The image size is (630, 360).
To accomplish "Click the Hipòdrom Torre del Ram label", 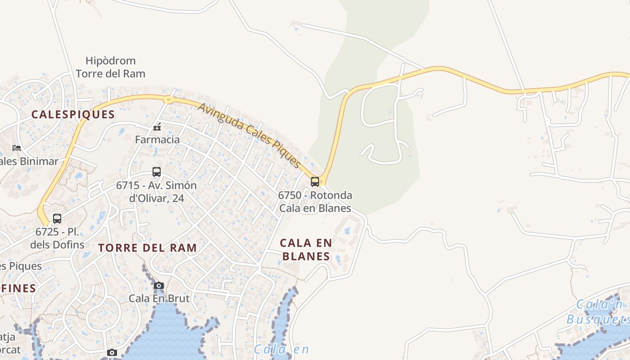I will (110, 67).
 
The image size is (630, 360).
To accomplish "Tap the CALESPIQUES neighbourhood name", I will (73, 115).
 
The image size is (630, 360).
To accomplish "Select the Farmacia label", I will (157, 139).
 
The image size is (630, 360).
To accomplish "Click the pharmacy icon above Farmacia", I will (157, 127).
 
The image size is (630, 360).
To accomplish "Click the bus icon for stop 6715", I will (157, 171).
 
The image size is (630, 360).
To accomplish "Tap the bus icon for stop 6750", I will (315, 182).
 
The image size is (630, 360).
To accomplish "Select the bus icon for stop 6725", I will (57, 219).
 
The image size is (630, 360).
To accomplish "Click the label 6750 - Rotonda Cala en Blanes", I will (315, 202).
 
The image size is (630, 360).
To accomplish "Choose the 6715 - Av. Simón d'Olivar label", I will (156, 192).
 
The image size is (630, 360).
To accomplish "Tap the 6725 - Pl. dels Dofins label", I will (57, 238).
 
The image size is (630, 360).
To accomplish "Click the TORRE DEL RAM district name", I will (148, 248).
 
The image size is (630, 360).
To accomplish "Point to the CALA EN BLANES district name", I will (306, 250).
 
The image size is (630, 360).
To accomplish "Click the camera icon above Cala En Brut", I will (158, 285).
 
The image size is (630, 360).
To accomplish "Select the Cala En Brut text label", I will (159, 298).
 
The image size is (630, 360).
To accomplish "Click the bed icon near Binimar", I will (17, 148).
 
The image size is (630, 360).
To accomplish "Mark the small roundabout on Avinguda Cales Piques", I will (169, 100).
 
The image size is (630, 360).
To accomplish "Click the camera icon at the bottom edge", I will (112, 352).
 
